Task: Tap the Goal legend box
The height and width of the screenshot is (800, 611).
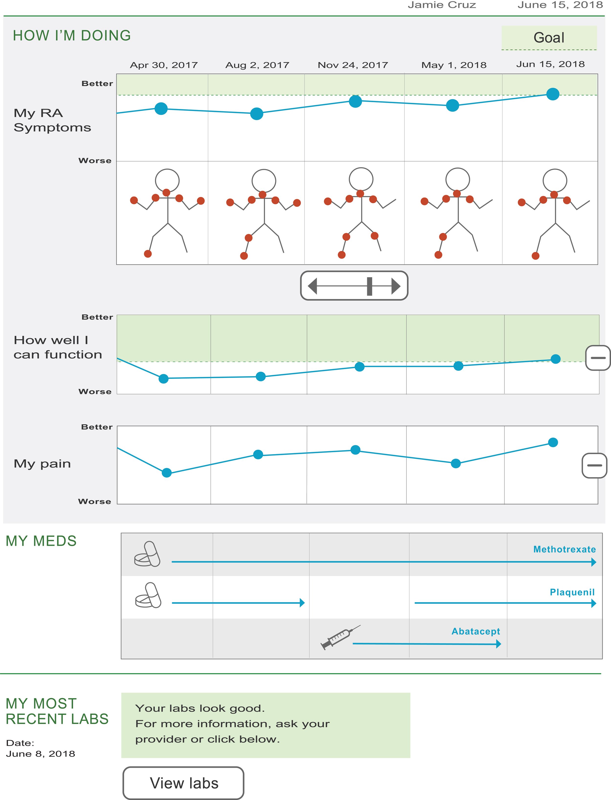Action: [x=549, y=37]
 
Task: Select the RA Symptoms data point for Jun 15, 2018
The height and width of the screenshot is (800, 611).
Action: [x=552, y=94]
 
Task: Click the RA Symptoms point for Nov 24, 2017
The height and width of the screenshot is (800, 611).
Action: [x=355, y=101]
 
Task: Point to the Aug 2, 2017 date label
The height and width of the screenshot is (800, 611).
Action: [x=257, y=65]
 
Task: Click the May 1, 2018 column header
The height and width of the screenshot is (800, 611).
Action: [x=454, y=65]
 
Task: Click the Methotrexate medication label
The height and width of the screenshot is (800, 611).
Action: [x=565, y=549]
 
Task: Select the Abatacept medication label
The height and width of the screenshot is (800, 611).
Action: [x=476, y=631]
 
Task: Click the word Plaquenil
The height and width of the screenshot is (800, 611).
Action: [x=572, y=592]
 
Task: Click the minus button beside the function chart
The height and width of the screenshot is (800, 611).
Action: [x=598, y=358]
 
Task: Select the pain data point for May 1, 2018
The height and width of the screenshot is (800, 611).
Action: [x=456, y=463]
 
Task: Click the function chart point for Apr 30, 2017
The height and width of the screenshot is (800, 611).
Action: [x=164, y=379]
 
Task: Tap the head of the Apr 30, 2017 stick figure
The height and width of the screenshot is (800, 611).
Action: [x=167, y=180]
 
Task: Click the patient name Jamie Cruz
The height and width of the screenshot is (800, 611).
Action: [x=442, y=5]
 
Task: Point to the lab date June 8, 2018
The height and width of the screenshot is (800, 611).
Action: [x=40, y=754]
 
